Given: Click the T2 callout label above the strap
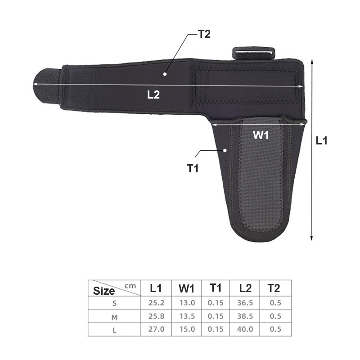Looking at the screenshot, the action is pos(204,34).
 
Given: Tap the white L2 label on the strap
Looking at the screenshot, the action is pos(153,94).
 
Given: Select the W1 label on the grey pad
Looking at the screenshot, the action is pos(261,135).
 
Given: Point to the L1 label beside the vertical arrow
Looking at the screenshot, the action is pos(321,140).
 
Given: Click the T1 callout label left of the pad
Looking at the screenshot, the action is pos(193,168).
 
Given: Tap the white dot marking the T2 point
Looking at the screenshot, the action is pos(165,74).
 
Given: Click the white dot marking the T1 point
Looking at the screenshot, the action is pos(225,150).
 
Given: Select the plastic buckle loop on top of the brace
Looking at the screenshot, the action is pos(254,53).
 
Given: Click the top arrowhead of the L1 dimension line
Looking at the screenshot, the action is pos(311,62).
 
